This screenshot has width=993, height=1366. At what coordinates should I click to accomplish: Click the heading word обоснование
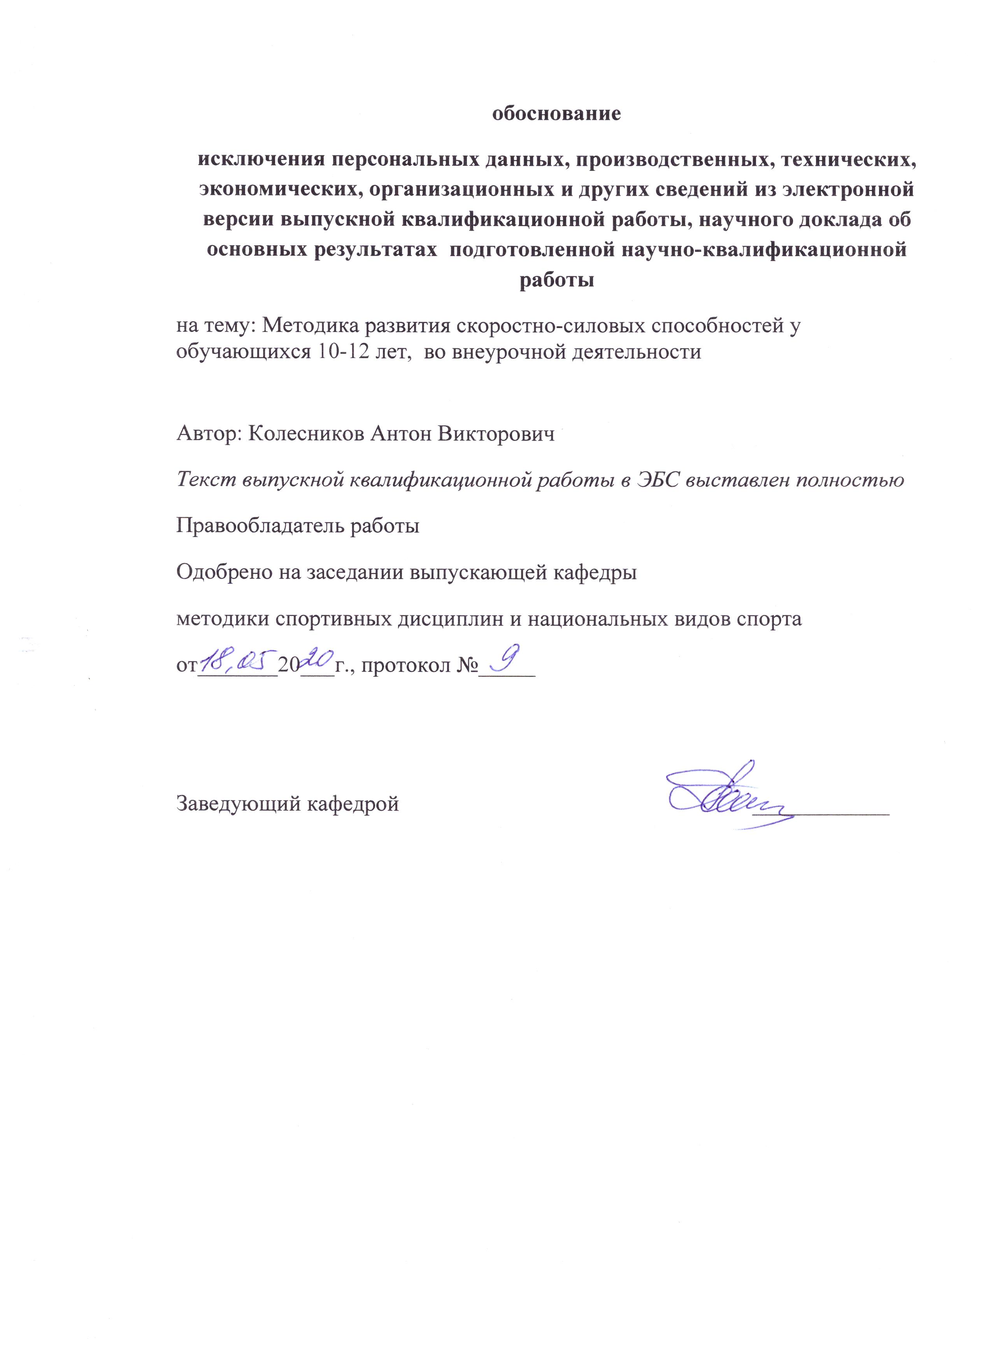[x=556, y=114]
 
